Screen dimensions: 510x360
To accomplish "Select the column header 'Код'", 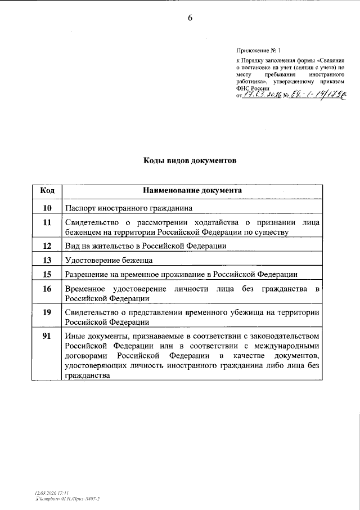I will click(x=47, y=191).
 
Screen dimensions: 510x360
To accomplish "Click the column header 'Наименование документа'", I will click(x=192, y=191).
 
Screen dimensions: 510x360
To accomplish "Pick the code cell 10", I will click(x=47, y=207).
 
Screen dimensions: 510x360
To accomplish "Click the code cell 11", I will click(x=47, y=222).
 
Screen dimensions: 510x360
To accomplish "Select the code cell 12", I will click(x=47, y=246).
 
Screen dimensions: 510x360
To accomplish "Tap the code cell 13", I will click(x=47, y=260).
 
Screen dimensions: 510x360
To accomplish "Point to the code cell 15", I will click(x=47, y=274).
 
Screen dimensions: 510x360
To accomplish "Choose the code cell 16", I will click(x=47, y=289).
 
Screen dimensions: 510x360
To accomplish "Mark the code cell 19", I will click(x=47, y=312).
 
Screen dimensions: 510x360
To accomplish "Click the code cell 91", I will click(x=47, y=336).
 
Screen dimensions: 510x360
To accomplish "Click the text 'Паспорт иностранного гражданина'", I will click(x=129, y=208).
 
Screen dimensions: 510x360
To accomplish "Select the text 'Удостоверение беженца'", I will click(x=109, y=261).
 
